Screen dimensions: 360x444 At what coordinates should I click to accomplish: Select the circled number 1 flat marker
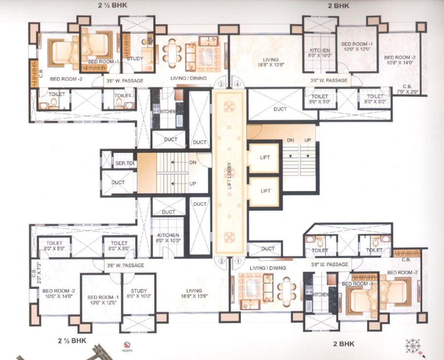coord(238,260)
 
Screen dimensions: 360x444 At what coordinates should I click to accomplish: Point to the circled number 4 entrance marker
coord(238,84)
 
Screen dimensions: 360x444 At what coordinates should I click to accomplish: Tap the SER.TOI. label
coord(125,163)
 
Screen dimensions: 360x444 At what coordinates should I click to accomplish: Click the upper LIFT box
coord(265,157)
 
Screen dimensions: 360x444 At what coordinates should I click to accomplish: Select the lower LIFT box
coord(265,190)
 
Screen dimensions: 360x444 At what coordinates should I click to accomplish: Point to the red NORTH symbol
coord(127,343)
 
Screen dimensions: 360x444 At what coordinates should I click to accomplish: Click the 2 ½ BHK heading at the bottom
coord(72,341)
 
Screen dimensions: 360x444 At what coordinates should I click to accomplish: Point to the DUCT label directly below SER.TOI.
coord(118,183)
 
